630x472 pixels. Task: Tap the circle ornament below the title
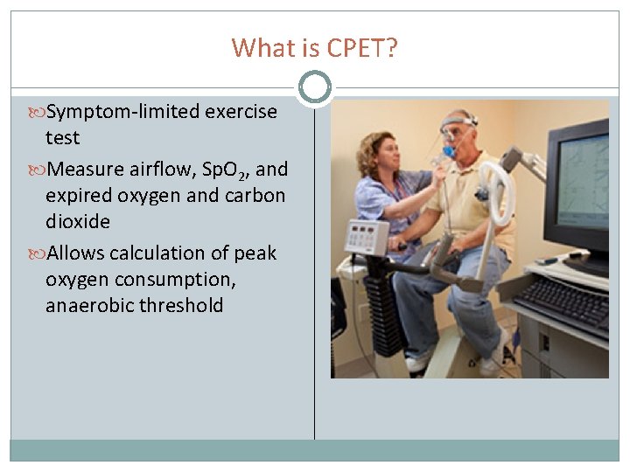[314, 87]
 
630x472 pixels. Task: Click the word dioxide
[78, 221]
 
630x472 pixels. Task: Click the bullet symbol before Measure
[38, 169]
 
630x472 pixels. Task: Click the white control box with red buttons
[367, 237]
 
